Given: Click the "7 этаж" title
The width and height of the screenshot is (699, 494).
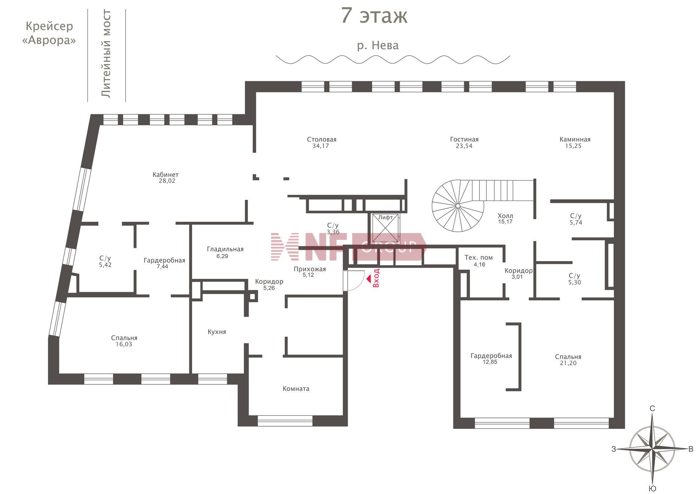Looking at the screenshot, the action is pyautogui.click(x=374, y=16).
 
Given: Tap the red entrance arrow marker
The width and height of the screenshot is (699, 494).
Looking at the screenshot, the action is pyautogui.click(x=368, y=279).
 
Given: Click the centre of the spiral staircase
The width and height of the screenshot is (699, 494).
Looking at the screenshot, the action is pyautogui.click(x=458, y=206).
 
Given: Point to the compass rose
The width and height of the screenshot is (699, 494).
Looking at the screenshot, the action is pyautogui.click(x=652, y=449).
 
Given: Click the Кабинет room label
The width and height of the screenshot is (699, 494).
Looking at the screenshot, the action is pyautogui.click(x=166, y=175).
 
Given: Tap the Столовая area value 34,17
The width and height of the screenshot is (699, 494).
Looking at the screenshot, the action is pyautogui.click(x=321, y=146).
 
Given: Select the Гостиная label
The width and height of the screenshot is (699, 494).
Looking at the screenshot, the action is pyautogui.click(x=464, y=139).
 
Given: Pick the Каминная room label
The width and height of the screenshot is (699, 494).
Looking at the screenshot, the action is pyautogui.click(x=575, y=139).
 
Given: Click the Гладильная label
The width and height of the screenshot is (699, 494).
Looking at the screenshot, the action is pyautogui.click(x=225, y=249).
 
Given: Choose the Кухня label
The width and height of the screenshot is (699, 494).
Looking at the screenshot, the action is pyautogui.click(x=217, y=332).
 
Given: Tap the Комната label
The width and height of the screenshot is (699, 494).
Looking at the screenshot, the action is pyautogui.click(x=296, y=389).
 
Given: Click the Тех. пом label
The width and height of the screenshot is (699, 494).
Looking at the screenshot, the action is pyautogui.click(x=478, y=257).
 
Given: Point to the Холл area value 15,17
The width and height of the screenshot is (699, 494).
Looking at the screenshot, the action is pyautogui.click(x=505, y=222).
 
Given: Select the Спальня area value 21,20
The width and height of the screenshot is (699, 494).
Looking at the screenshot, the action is pyautogui.click(x=568, y=363).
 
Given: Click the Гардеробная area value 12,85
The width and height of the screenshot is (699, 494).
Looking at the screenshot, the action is pyautogui.click(x=490, y=362).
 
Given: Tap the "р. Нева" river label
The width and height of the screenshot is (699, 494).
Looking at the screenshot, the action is pyautogui.click(x=378, y=46).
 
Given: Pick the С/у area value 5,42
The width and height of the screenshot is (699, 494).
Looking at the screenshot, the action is pyautogui.click(x=105, y=265).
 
